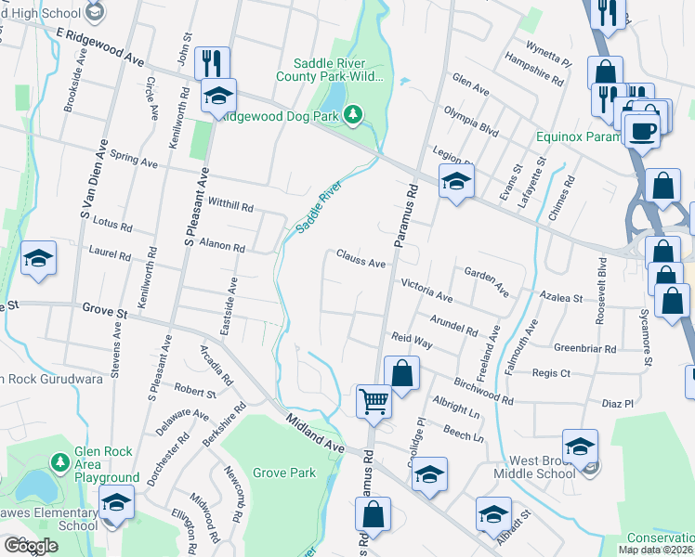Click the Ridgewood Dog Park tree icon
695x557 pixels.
coord(352,114)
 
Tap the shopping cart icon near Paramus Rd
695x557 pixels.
coord(374,401)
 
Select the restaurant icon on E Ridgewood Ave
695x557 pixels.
coord(212,63)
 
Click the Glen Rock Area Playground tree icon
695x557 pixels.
coord(59,461)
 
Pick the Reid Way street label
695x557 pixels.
coord(413,342)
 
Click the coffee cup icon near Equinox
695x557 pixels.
coord(641,130)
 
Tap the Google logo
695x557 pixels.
coord(31,546)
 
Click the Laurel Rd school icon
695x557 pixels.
coord(38,258)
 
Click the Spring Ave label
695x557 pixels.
coord(135,159)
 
